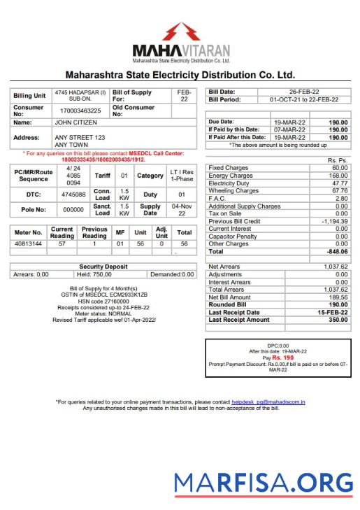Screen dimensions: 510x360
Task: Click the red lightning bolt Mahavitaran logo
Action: (180, 32)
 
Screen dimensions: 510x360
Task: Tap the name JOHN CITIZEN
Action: (76, 122)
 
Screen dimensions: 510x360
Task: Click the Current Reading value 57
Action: (62, 263)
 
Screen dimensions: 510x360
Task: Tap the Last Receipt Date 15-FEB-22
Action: (333, 313)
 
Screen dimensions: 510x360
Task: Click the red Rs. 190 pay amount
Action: (283, 357)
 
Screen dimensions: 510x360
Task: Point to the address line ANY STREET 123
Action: (80, 137)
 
